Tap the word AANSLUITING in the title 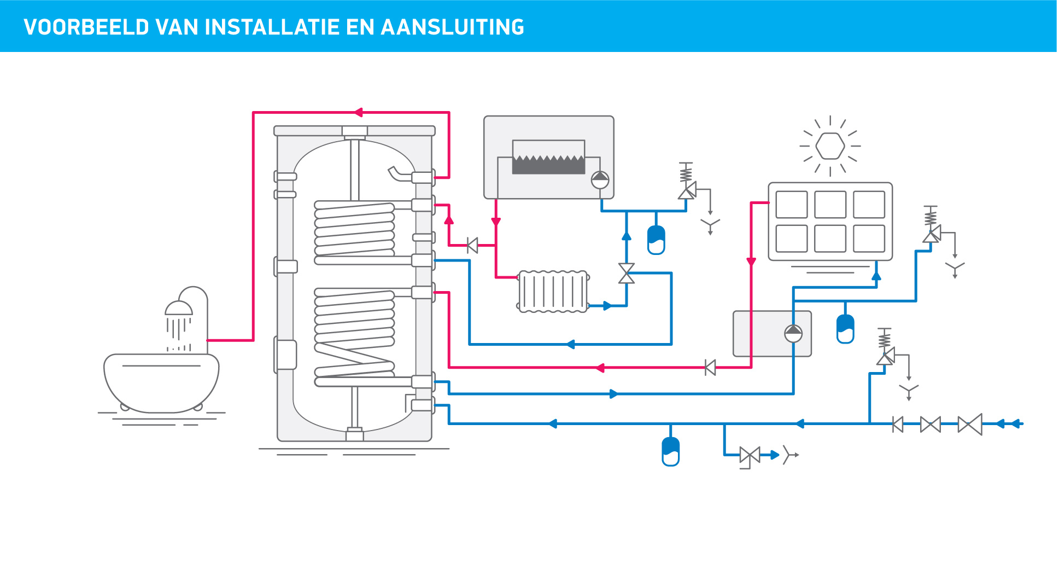(x=452, y=27)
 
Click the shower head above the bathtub (x=179, y=309)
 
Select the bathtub (x=161, y=383)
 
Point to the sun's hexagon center (x=830, y=146)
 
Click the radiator (x=553, y=292)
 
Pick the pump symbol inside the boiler (x=600, y=179)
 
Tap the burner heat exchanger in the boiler (x=548, y=158)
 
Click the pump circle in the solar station (x=793, y=333)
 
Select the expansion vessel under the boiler (x=656, y=240)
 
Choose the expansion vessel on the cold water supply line (x=670, y=451)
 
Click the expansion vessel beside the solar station (x=845, y=329)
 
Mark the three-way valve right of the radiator (x=627, y=273)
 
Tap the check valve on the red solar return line (x=710, y=368)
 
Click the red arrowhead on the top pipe (x=358, y=113)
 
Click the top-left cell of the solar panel (x=791, y=205)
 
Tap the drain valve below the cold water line (x=750, y=455)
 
